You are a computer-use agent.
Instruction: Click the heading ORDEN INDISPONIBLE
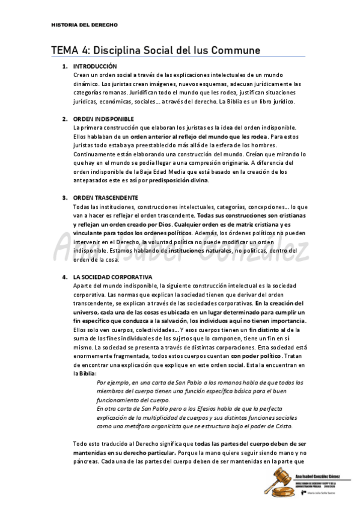tap(103, 119)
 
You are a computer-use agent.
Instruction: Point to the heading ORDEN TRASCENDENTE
tap(105, 198)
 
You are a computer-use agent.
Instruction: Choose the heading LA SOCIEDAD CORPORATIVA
tap(112, 277)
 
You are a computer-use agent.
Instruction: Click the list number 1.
tap(64, 66)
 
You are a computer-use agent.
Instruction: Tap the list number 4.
tap(64, 277)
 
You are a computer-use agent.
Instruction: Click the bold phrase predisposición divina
tap(179, 180)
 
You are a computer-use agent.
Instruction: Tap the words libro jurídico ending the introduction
tap(276, 102)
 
